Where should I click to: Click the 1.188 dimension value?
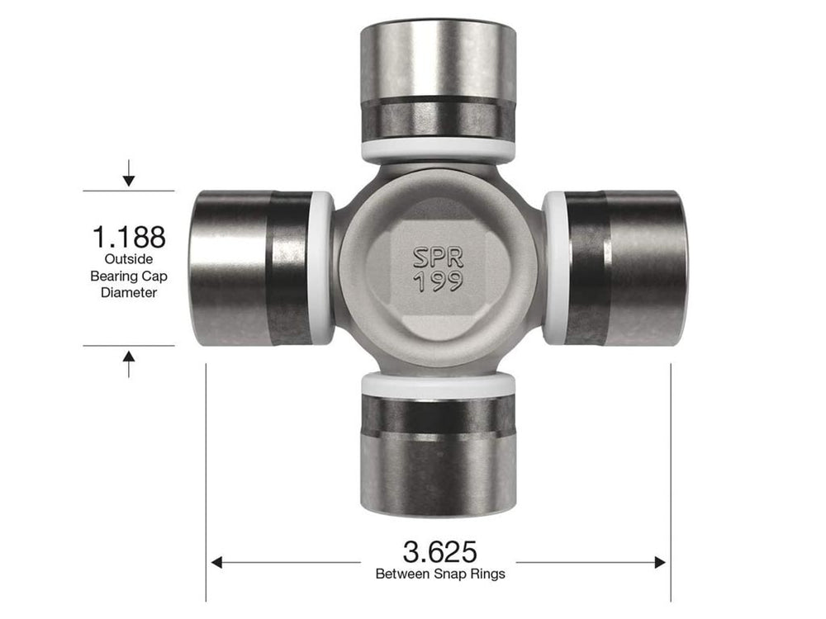[x=128, y=237]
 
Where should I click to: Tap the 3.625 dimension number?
[x=439, y=550]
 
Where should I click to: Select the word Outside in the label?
[x=128, y=260]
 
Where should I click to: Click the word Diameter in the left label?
[x=128, y=292]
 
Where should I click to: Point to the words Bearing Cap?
[x=128, y=276]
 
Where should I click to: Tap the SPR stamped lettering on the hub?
[x=438, y=257]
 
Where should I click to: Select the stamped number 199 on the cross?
[x=438, y=283]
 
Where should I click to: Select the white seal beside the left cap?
[x=323, y=268]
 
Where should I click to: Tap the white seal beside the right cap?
[x=554, y=268]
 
